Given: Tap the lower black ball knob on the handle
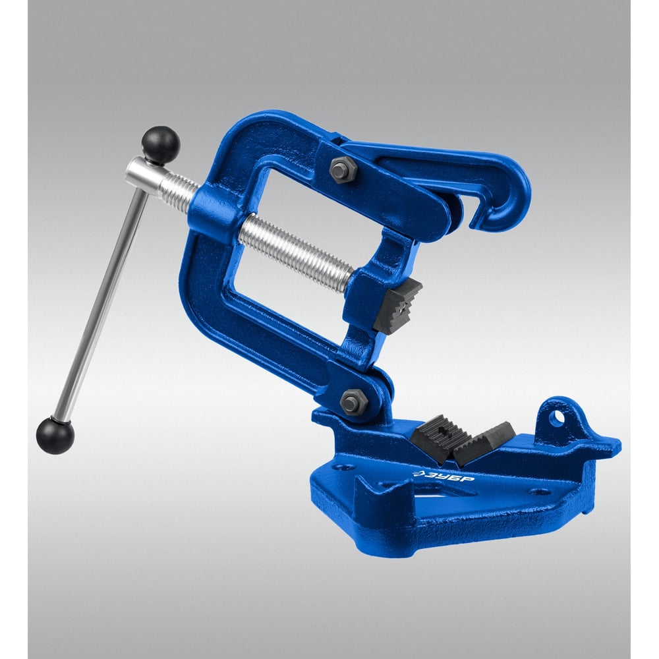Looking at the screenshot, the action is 55,436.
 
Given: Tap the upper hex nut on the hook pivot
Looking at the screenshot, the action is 343,169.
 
